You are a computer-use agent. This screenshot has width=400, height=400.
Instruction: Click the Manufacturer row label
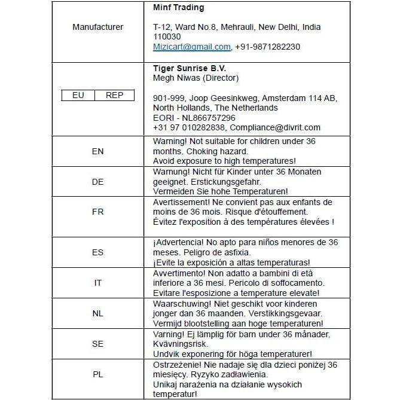[x=97, y=27]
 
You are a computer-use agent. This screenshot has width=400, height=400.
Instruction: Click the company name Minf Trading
[x=178, y=8]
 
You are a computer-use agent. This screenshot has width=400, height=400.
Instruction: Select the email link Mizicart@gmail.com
[x=191, y=47]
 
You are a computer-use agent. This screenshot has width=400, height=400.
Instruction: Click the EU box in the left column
[x=78, y=95]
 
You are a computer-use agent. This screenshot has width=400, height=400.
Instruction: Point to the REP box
[x=114, y=95]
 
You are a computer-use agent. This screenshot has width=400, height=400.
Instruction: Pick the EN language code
[x=97, y=151]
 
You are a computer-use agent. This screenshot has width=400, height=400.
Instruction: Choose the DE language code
[x=97, y=182]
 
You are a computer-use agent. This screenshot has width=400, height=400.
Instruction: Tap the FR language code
[x=97, y=212]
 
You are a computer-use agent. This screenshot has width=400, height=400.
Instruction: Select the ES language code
[x=97, y=252]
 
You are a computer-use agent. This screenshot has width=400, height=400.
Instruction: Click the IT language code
[x=97, y=283]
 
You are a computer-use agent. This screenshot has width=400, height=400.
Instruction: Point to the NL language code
[x=97, y=313]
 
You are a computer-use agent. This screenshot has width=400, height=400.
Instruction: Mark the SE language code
[x=97, y=344]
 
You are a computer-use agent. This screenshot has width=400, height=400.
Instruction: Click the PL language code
[x=97, y=374]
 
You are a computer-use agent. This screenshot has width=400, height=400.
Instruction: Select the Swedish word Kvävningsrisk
[x=179, y=344]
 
